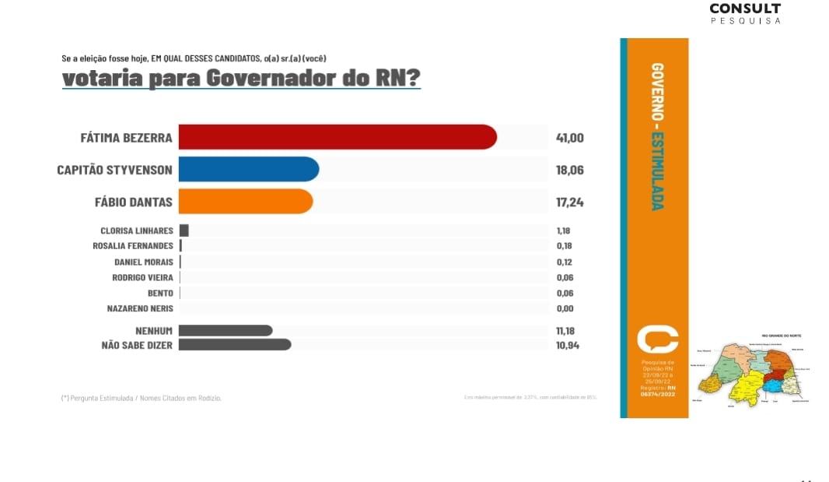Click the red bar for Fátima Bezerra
pos(337,137)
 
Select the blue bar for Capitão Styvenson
pos(248,169)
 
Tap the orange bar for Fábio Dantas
pos(245,201)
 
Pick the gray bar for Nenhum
pos(226,330)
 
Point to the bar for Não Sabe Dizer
pos(235,344)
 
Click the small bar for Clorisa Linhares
pos(184,230)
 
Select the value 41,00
pos(569,138)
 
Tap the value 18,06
pos(569,170)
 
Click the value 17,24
pos(569,202)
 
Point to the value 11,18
pos(565,331)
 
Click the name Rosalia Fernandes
pos(133,246)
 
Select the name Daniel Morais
pos(144,262)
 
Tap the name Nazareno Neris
pos(140,308)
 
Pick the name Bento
pos(160,293)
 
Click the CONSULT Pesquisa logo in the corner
pos(745,13)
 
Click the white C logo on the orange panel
pos(657,339)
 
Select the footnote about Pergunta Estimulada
pos(141,398)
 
